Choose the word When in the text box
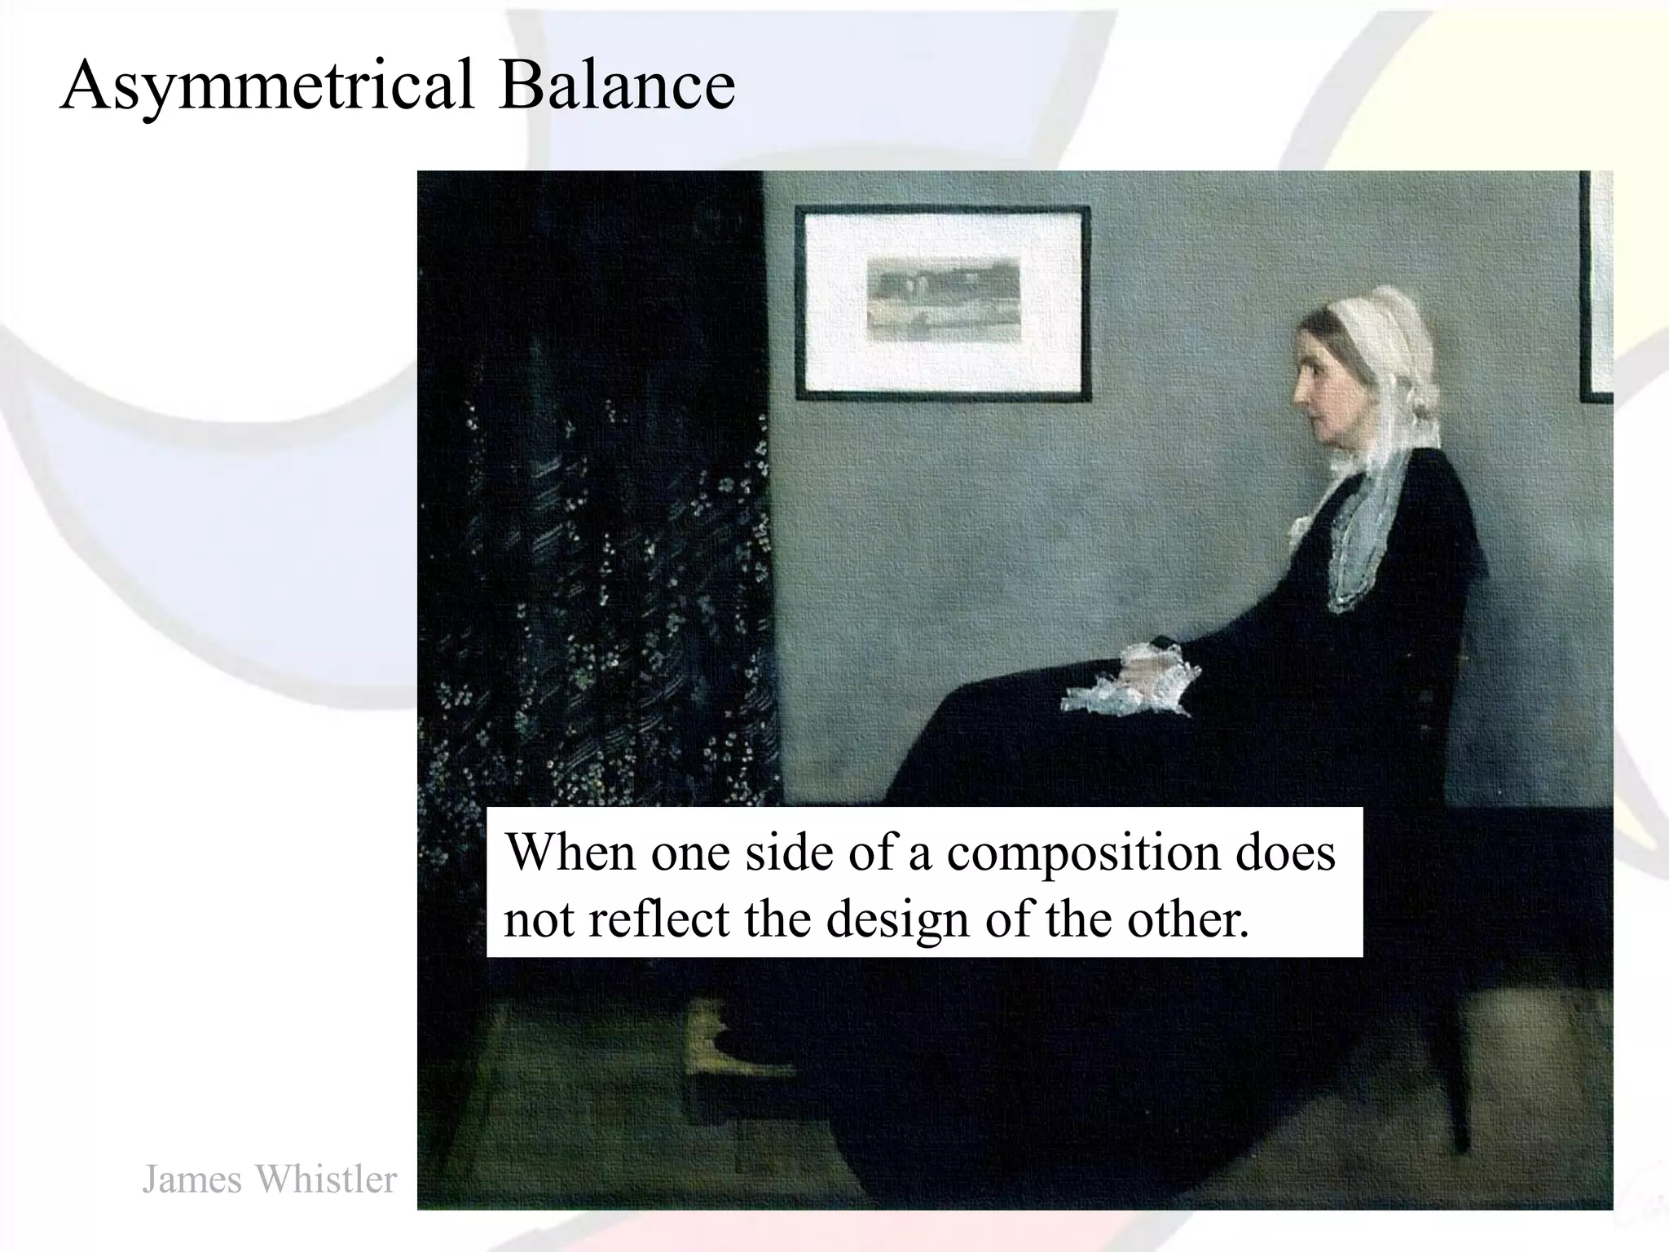[x=570, y=852]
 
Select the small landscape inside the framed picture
[x=943, y=299]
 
